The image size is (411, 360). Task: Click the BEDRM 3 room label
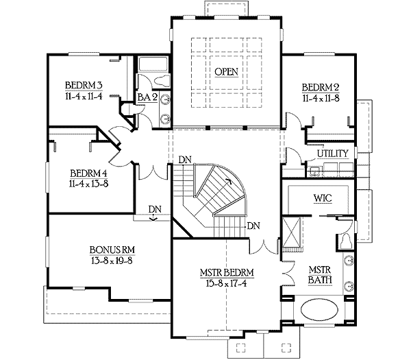pyautogui.click(x=84, y=86)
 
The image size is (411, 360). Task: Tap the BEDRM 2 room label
pyautogui.click(x=321, y=87)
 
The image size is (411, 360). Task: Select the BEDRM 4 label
pyautogui.click(x=88, y=173)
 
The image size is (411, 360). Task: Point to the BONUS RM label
pyautogui.click(x=112, y=250)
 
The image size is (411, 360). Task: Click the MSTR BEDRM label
pyautogui.click(x=227, y=273)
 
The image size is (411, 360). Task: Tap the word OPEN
pyautogui.click(x=227, y=72)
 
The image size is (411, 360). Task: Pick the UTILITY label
pyautogui.click(x=333, y=154)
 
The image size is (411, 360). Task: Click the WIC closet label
pyautogui.click(x=323, y=198)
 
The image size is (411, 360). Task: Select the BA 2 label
pyautogui.click(x=147, y=97)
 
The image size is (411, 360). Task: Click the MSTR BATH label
pyautogui.click(x=320, y=275)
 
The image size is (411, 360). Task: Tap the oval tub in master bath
pyautogui.click(x=319, y=310)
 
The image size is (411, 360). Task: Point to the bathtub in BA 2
pyautogui.click(x=153, y=64)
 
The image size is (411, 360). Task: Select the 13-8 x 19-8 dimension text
pyautogui.click(x=112, y=261)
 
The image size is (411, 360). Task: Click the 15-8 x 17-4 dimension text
pyautogui.click(x=227, y=284)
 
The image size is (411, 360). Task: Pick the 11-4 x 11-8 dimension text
pyautogui.click(x=321, y=98)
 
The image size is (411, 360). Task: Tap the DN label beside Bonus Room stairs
pyautogui.click(x=155, y=209)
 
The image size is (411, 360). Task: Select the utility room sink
pyautogui.click(x=314, y=171)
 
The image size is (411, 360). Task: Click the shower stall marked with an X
pyautogui.click(x=291, y=232)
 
